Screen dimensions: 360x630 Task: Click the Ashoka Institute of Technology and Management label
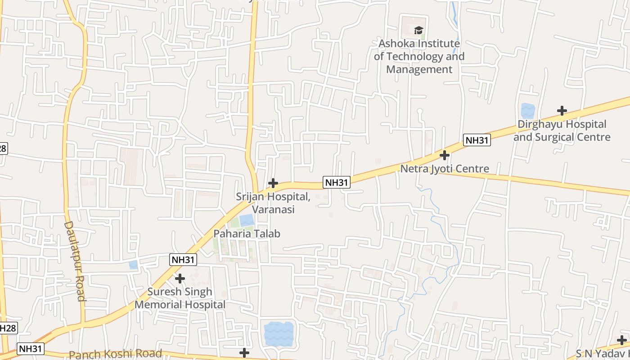pyautogui.click(x=419, y=57)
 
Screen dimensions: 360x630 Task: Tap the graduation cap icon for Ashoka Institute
pyautogui.click(x=419, y=31)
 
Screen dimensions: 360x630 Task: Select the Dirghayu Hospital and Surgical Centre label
pyautogui.click(x=562, y=130)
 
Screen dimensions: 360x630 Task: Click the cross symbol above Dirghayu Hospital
pyautogui.click(x=562, y=110)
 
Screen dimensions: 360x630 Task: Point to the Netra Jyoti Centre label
pyautogui.click(x=445, y=169)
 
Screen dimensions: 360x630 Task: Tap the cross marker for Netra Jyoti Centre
pyautogui.click(x=445, y=155)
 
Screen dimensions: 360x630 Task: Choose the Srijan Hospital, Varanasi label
pyautogui.click(x=273, y=203)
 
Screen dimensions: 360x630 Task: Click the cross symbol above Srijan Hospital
pyautogui.click(x=273, y=183)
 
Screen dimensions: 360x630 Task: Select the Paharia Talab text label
pyautogui.click(x=247, y=234)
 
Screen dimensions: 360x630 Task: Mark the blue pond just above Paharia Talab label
pyautogui.click(x=246, y=220)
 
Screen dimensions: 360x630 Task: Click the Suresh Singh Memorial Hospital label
pyautogui.click(x=180, y=298)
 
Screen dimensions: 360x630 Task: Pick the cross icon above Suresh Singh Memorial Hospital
pyautogui.click(x=180, y=279)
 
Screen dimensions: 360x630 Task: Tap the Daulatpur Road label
pyautogui.click(x=75, y=261)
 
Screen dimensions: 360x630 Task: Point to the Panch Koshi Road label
pyautogui.click(x=115, y=354)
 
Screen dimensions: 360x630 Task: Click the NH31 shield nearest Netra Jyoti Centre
pyautogui.click(x=477, y=140)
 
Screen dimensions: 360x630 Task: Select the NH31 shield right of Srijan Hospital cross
pyautogui.click(x=337, y=182)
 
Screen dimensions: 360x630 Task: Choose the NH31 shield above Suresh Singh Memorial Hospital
pyautogui.click(x=183, y=259)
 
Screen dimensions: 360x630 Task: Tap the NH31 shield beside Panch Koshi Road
pyautogui.click(x=31, y=348)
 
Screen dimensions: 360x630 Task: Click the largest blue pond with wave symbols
pyautogui.click(x=279, y=333)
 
